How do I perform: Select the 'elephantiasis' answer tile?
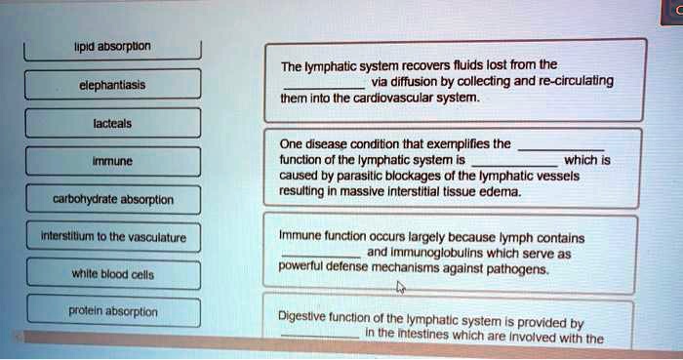[113, 85]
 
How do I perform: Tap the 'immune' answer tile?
[113, 162]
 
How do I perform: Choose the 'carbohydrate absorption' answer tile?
[113, 199]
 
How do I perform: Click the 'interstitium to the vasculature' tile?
[113, 236]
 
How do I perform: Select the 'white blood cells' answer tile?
[113, 274]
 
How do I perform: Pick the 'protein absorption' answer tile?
[113, 311]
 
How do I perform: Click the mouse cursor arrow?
[400, 288]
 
